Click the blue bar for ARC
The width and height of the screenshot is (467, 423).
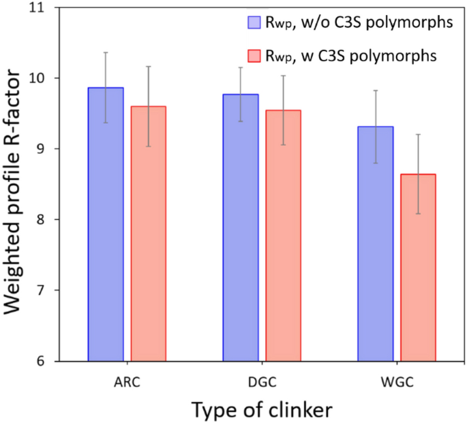point(106,225)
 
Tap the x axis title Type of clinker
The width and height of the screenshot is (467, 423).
point(262,410)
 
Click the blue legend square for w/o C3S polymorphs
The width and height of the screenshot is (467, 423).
point(252,22)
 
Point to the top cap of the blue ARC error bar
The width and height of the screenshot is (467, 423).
point(106,52)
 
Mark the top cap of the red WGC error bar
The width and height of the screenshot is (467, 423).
point(418,134)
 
